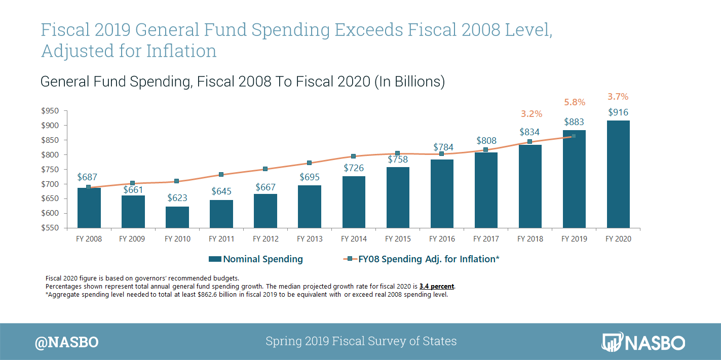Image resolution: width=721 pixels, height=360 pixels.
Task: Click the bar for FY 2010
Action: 177,217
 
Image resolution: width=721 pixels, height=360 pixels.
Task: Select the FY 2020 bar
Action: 618,174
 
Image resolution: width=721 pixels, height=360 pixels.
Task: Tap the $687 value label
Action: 87,177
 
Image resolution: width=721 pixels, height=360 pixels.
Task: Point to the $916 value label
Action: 618,112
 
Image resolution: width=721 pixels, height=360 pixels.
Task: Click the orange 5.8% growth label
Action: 575,102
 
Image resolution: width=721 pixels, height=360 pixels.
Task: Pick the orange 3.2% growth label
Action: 531,114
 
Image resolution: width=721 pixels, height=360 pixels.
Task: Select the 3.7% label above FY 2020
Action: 618,96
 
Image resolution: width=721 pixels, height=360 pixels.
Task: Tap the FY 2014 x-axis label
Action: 354,239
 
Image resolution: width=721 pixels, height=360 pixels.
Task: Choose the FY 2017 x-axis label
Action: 486,239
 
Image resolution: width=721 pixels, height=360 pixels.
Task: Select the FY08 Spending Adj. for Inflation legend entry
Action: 422,259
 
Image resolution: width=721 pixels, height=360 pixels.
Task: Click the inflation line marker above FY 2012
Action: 265,169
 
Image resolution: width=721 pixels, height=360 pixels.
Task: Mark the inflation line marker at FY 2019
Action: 574,136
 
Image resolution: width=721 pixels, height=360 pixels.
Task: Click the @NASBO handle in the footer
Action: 66,342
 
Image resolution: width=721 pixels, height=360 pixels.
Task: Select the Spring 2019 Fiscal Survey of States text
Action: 361,341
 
